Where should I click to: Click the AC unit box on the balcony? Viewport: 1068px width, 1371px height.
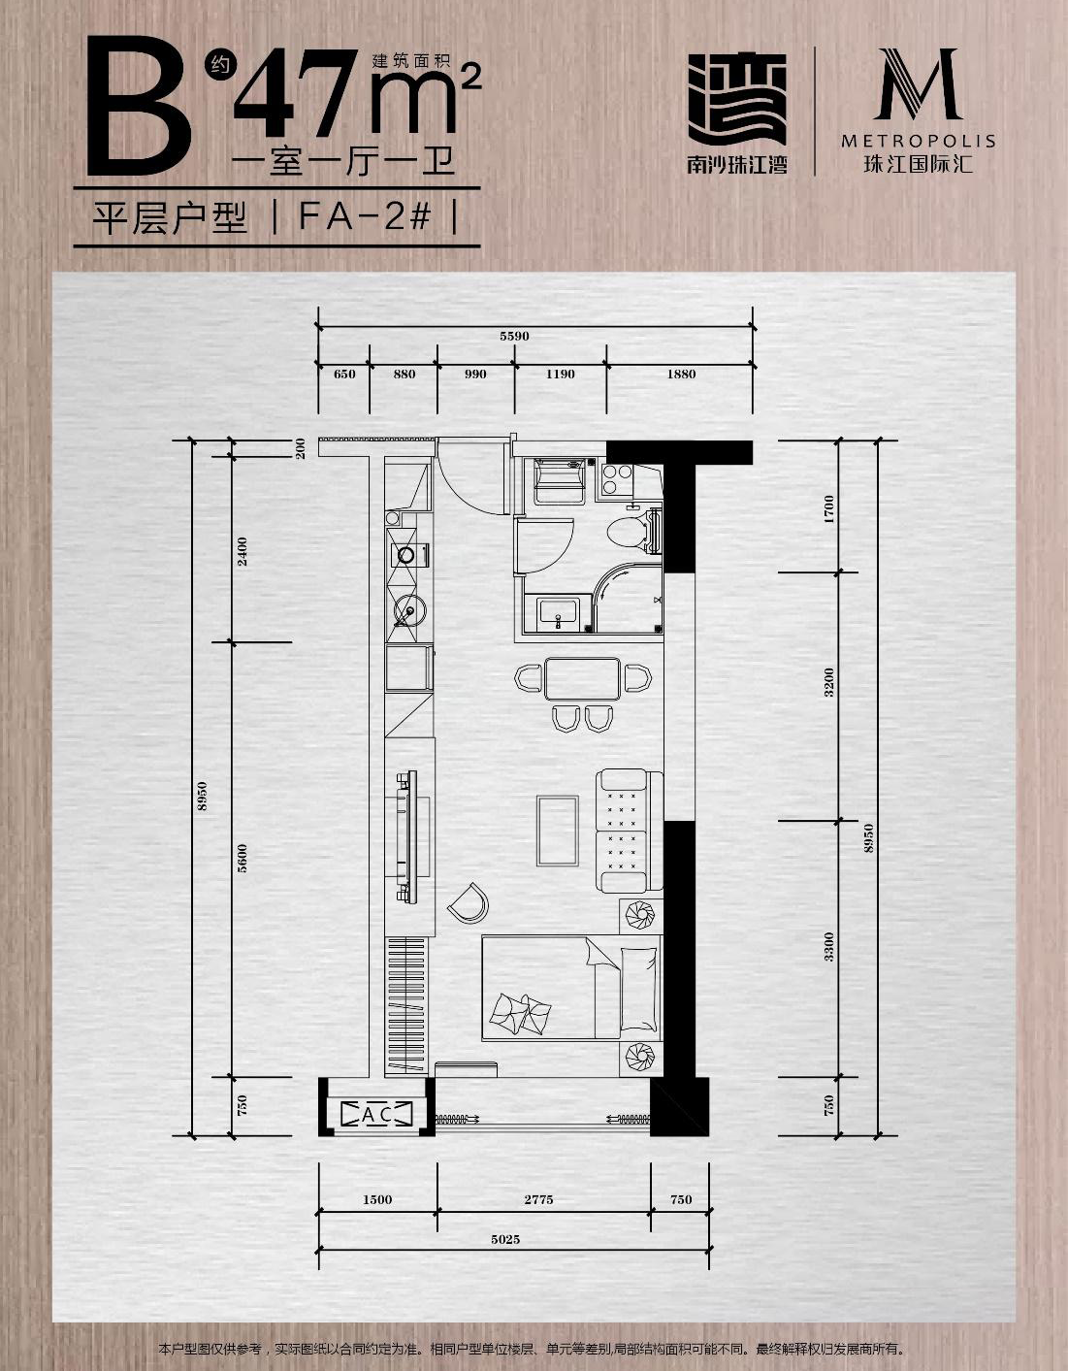pyautogui.click(x=377, y=1115)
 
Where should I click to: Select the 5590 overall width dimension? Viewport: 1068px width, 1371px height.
pyautogui.click(x=514, y=337)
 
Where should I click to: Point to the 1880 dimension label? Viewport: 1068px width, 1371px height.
pyautogui.click(x=681, y=375)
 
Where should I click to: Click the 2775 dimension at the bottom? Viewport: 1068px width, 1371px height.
pyautogui.click(x=538, y=1200)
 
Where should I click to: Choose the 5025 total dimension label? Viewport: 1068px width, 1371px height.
pyautogui.click(x=505, y=1240)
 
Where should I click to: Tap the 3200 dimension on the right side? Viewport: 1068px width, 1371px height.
pyautogui.click(x=828, y=681)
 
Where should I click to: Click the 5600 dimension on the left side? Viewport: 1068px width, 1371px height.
pyautogui.click(x=243, y=858)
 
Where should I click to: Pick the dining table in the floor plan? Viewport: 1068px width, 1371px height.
pyautogui.click(x=583, y=678)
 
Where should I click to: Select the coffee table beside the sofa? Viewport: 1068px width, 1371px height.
pyautogui.click(x=558, y=831)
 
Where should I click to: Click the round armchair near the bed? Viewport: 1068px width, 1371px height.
pyautogui.click(x=469, y=903)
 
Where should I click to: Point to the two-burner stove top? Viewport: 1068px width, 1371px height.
pyautogui.click(x=617, y=479)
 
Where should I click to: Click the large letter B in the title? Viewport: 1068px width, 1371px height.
pyautogui.click(x=139, y=108)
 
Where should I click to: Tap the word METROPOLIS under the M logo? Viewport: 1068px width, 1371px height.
pyautogui.click(x=918, y=141)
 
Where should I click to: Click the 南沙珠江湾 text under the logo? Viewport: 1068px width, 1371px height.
pyautogui.click(x=737, y=165)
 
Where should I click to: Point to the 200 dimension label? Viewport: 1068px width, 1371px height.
pyautogui.click(x=300, y=448)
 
